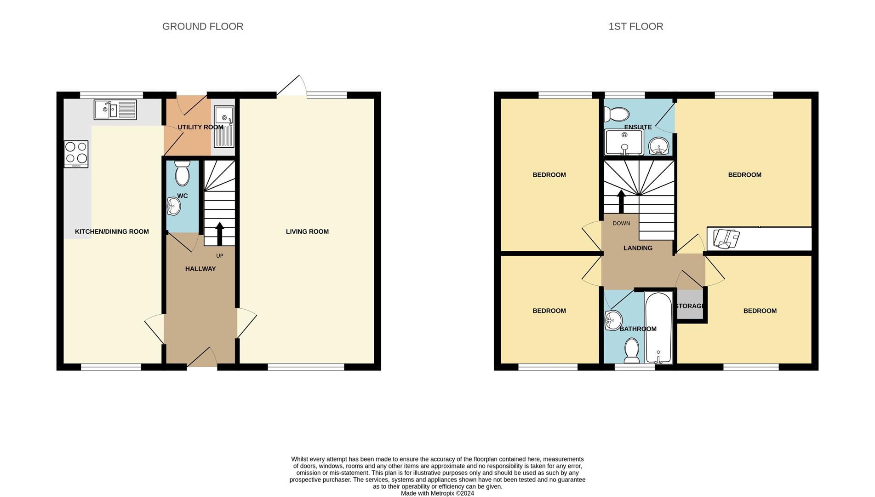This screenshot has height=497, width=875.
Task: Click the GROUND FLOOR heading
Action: click(202, 27)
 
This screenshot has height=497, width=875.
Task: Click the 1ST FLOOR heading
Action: click(635, 27)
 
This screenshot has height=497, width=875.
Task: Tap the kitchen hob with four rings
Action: click(76, 153)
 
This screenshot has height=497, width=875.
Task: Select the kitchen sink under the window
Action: click(115, 110)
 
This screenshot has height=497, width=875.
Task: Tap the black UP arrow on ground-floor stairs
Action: click(219, 234)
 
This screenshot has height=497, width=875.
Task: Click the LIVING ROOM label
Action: click(307, 231)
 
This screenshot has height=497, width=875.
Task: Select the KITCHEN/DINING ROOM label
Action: click(112, 231)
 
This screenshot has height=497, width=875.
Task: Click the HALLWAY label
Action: click(200, 269)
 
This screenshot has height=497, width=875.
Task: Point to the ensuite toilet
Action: click(617, 114)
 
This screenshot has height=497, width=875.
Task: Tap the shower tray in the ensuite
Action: click(624, 142)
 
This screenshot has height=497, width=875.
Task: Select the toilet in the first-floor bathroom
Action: click(632, 351)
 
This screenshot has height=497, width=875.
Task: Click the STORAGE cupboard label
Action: click(690, 306)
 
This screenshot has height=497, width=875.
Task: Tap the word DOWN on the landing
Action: click(621, 223)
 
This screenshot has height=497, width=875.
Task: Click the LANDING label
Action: click(638, 248)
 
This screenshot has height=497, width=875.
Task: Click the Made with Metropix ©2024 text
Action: click(437, 493)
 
